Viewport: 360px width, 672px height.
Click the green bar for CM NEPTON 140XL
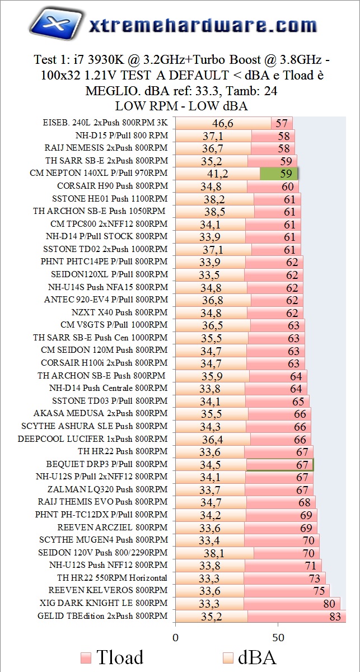[278, 174]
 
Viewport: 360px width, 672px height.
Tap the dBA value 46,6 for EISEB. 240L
[223, 123]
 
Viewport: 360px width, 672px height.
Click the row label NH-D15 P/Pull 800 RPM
[121, 136]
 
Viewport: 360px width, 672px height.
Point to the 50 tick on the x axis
[278, 638]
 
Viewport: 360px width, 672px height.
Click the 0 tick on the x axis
[175, 638]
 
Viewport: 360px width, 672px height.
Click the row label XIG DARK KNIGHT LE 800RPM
[104, 603]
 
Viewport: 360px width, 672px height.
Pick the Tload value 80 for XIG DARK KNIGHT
[329, 604]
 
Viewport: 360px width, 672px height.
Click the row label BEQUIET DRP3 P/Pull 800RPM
[107, 464]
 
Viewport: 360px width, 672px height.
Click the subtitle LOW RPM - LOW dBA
[181, 106]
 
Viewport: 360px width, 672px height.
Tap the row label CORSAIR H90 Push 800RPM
[112, 186]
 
